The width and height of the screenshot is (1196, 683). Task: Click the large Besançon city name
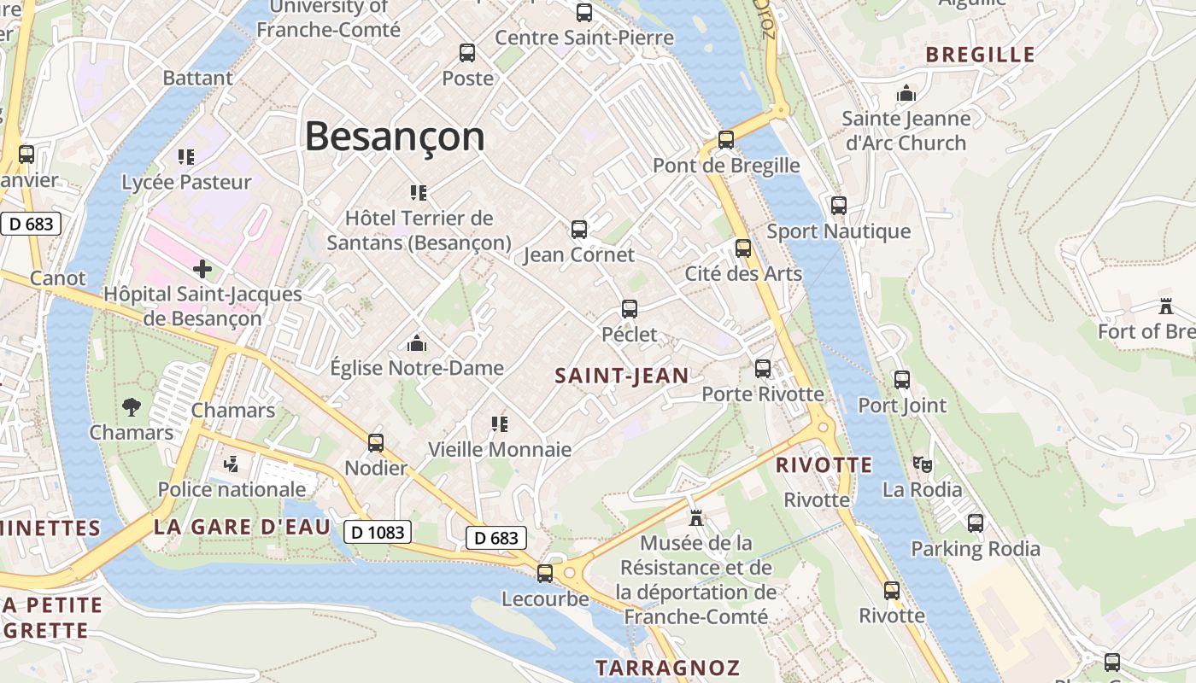click(x=394, y=137)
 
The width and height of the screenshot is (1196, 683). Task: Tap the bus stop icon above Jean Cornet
click(x=579, y=230)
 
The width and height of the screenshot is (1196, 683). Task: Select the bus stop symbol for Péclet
click(x=630, y=309)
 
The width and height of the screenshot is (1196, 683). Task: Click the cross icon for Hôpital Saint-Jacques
click(x=202, y=270)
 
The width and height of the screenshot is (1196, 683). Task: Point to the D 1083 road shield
click(x=378, y=533)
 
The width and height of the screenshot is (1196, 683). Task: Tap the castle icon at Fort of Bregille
click(x=1165, y=306)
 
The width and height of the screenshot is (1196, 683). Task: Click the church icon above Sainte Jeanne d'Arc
click(x=906, y=93)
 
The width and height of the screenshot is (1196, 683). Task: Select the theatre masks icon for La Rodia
click(x=922, y=465)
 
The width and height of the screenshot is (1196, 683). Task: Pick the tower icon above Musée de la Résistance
click(x=696, y=517)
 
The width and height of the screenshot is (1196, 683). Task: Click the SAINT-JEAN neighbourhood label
click(x=622, y=376)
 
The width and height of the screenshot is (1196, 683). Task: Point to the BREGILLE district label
click(x=980, y=55)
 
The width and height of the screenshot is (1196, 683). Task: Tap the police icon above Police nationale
click(x=230, y=464)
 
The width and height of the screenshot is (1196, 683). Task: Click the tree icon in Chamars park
click(x=132, y=407)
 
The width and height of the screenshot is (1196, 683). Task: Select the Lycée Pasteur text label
click(x=187, y=182)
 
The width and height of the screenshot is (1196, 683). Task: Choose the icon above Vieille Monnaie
click(x=500, y=424)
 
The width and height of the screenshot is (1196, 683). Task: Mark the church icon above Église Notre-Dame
click(x=417, y=343)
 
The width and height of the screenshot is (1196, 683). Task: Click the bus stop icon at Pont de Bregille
click(x=726, y=140)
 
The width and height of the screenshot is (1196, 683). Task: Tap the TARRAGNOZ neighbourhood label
click(x=667, y=668)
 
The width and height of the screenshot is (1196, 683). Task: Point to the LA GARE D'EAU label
click(x=242, y=528)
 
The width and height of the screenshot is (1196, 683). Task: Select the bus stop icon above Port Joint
click(x=902, y=380)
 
